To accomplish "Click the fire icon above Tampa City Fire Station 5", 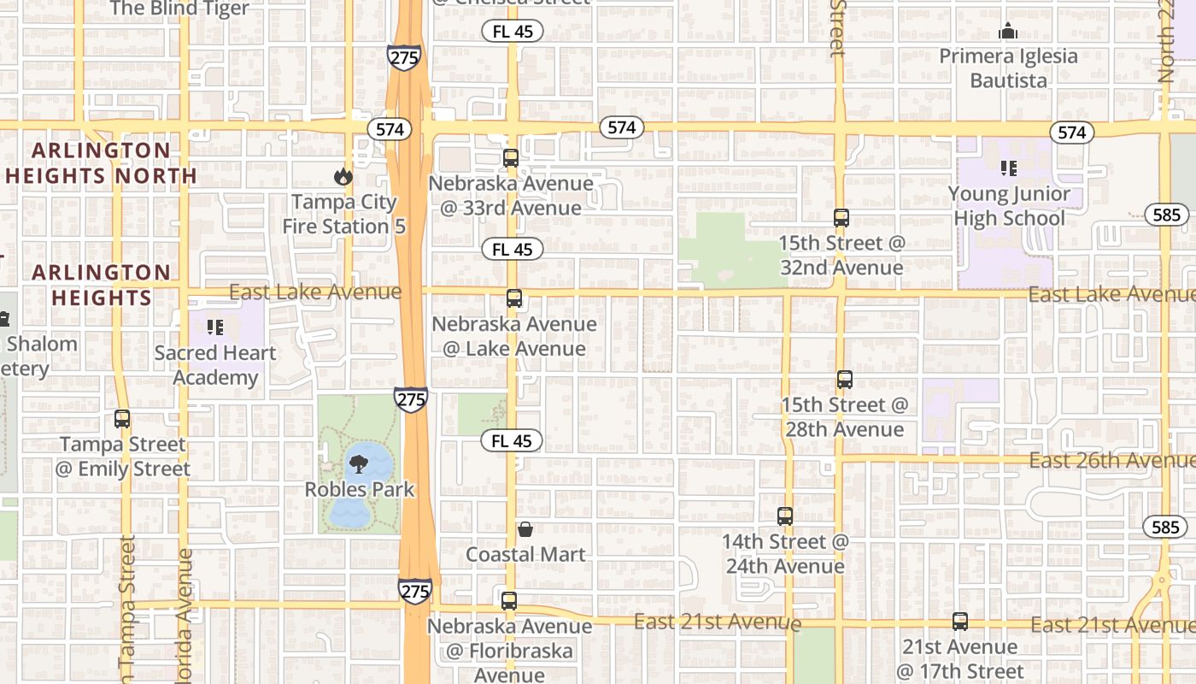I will click(343, 177).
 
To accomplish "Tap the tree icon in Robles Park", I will click(359, 464).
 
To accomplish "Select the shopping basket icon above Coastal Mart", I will click(525, 529).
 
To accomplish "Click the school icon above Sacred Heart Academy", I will click(215, 327).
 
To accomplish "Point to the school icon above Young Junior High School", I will click(1008, 168).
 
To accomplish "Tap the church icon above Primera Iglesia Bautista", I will click(1008, 32).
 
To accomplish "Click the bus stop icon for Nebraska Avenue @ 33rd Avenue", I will click(511, 158).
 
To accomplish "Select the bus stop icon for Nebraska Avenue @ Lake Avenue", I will click(513, 298).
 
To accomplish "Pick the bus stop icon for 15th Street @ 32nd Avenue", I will click(841, 218).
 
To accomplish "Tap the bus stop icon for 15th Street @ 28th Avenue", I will click(845, 380).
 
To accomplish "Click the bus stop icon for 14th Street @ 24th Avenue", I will click(785, 516).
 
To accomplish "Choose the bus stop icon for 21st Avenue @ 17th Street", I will click(960, 622).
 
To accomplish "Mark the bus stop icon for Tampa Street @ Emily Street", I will click(122, 419).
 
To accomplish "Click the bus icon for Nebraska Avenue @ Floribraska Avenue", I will click(509, 601).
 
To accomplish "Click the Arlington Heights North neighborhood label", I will click(102, 163).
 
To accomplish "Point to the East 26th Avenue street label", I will click(1111, 461).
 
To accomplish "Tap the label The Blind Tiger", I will click(179, 9).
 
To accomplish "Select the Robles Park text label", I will click(360, 490).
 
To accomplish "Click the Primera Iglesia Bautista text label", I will click(1009, 68).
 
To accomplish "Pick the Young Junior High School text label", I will click(1009, 206).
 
